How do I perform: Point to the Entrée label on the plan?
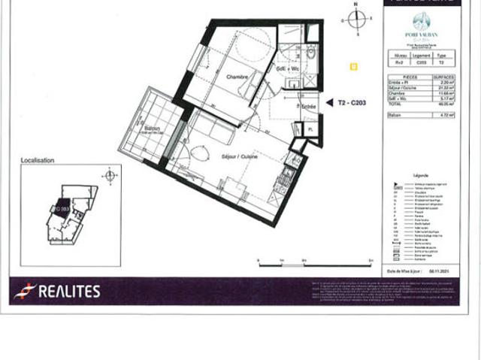[x=307, y=108]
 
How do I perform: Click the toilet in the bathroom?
[x=310, y=54]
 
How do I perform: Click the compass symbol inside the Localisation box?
[x=110, y=176]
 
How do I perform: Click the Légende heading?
[x=421, y=174]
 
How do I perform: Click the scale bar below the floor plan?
[x=316, y=260]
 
